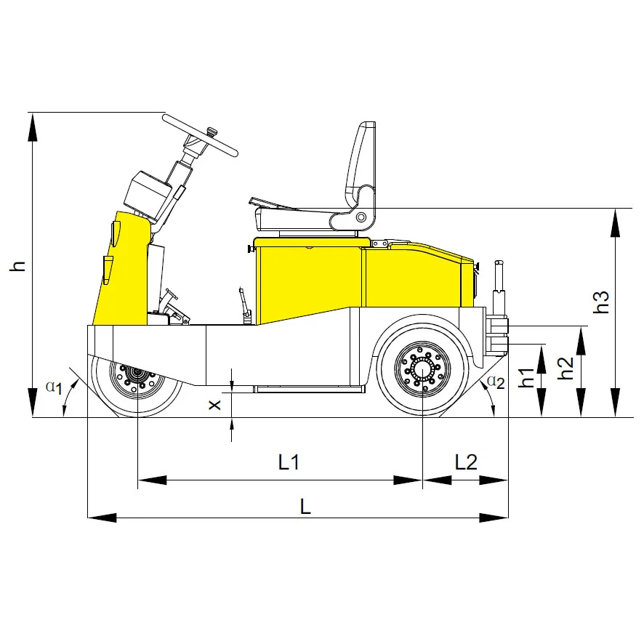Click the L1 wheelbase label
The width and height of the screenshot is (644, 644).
[x=289, y=462]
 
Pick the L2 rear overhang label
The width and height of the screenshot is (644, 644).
[x=466, y=462]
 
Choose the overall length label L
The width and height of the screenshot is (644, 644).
[x=305, y=507]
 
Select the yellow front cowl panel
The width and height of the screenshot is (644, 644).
[x=122, y=269]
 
